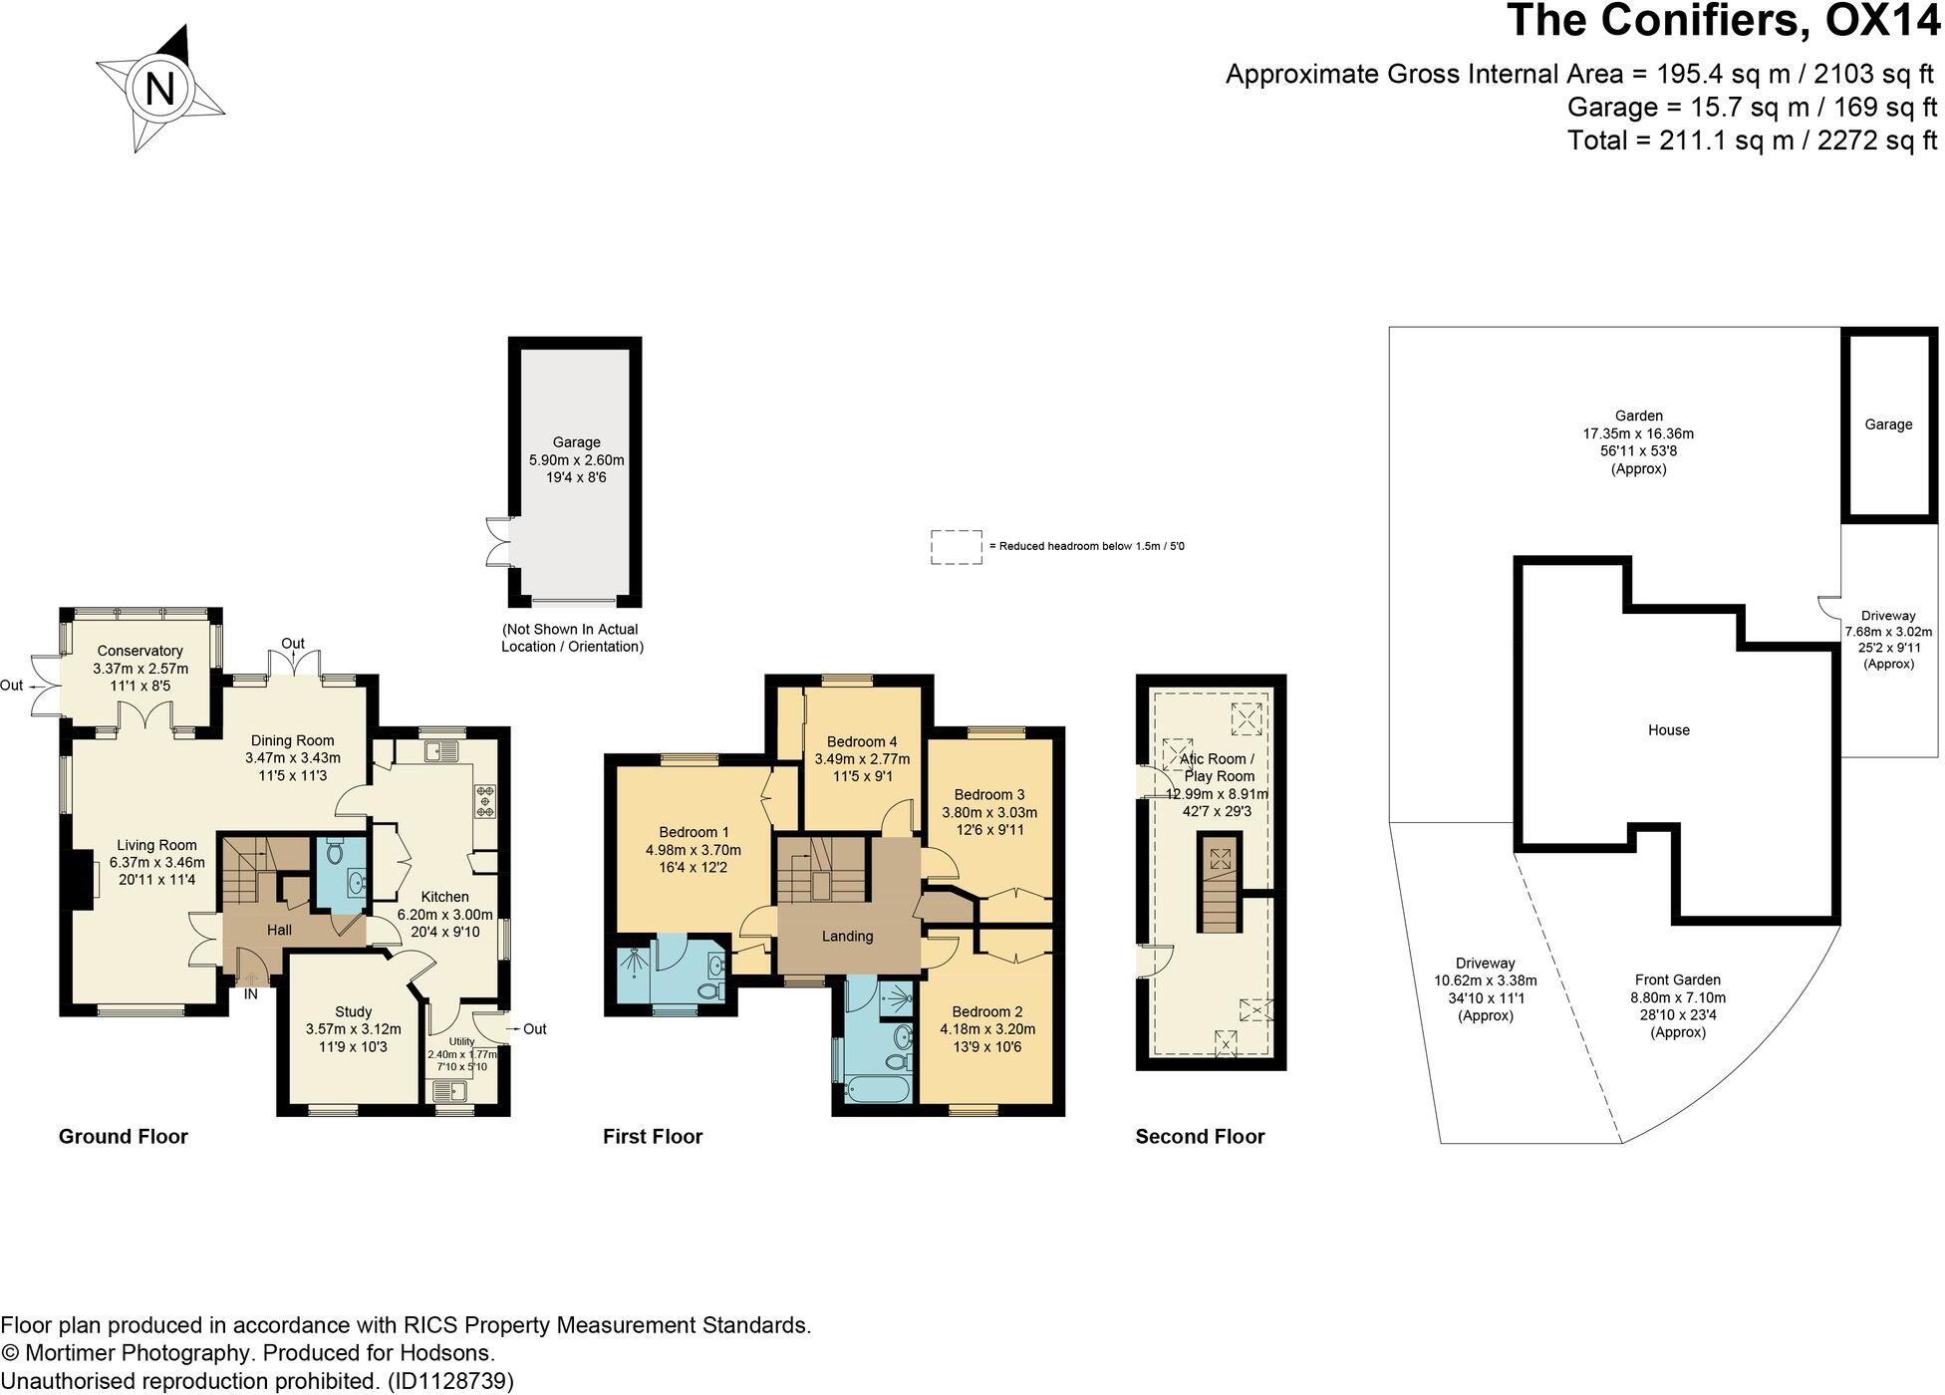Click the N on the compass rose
pos(159,90)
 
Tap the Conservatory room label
pos(139,651)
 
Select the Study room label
pos(353,1011)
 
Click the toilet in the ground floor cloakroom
pos(335,853)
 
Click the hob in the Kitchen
pos(486,802)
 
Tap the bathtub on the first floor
pos(876,1087)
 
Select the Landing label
pos(847,936)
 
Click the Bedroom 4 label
pos(862,741)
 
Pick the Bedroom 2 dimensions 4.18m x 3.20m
pos(987,1029)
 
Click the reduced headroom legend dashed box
pos(956,547)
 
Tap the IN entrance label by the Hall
pos(251,993)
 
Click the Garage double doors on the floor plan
pos(497,543)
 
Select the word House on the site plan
pos(1668,730)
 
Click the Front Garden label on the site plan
pos(1677,979)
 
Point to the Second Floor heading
pos(1200,1137)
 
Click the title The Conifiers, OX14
pos(1723,20)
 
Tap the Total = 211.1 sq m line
pos(1752,140)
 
